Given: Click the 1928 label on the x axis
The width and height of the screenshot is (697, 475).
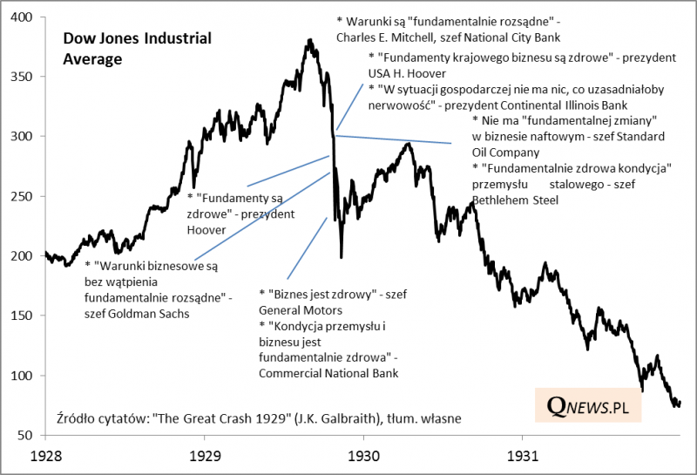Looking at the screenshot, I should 45,456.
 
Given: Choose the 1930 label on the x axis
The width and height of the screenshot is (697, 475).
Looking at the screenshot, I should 363,456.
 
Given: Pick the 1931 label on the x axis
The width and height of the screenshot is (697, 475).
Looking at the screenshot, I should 522,456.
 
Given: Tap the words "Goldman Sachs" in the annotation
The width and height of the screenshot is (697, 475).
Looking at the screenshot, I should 149,314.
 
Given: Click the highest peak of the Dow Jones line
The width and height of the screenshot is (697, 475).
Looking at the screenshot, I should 310,40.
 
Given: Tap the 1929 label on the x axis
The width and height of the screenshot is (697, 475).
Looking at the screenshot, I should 204,456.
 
